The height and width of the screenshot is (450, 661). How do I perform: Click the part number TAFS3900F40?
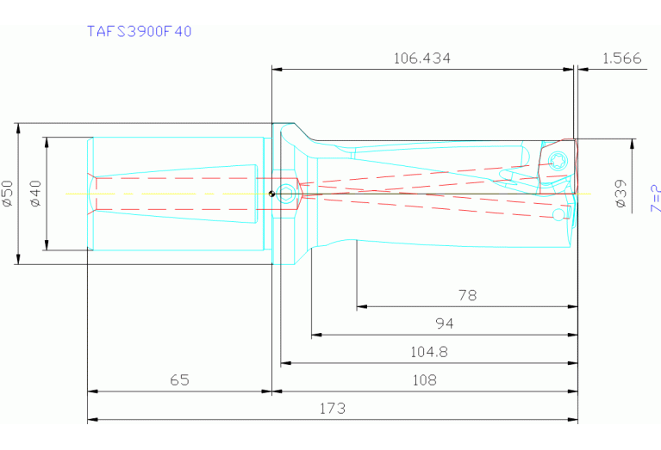[x=139, y=31]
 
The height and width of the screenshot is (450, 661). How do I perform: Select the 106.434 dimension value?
[x=421, y=59]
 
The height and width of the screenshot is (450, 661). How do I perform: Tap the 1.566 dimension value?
[x=622, y=59]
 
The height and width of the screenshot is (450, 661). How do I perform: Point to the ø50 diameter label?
[x=8, y=194]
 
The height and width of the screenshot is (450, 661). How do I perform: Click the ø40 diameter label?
[x=35, y=194]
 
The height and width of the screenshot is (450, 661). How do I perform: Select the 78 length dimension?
[x=467, y=295]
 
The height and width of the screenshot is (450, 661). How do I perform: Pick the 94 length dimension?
[x=445, y=324]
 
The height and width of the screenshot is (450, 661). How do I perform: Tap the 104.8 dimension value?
[x=428, y=352]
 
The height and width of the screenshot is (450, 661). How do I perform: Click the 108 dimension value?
[x=424, y=379]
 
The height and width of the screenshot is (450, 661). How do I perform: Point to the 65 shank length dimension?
[x=179, y=379]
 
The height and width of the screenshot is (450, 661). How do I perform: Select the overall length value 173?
[x=332, y=409]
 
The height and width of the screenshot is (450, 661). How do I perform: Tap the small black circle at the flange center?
[x=271, y=194]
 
